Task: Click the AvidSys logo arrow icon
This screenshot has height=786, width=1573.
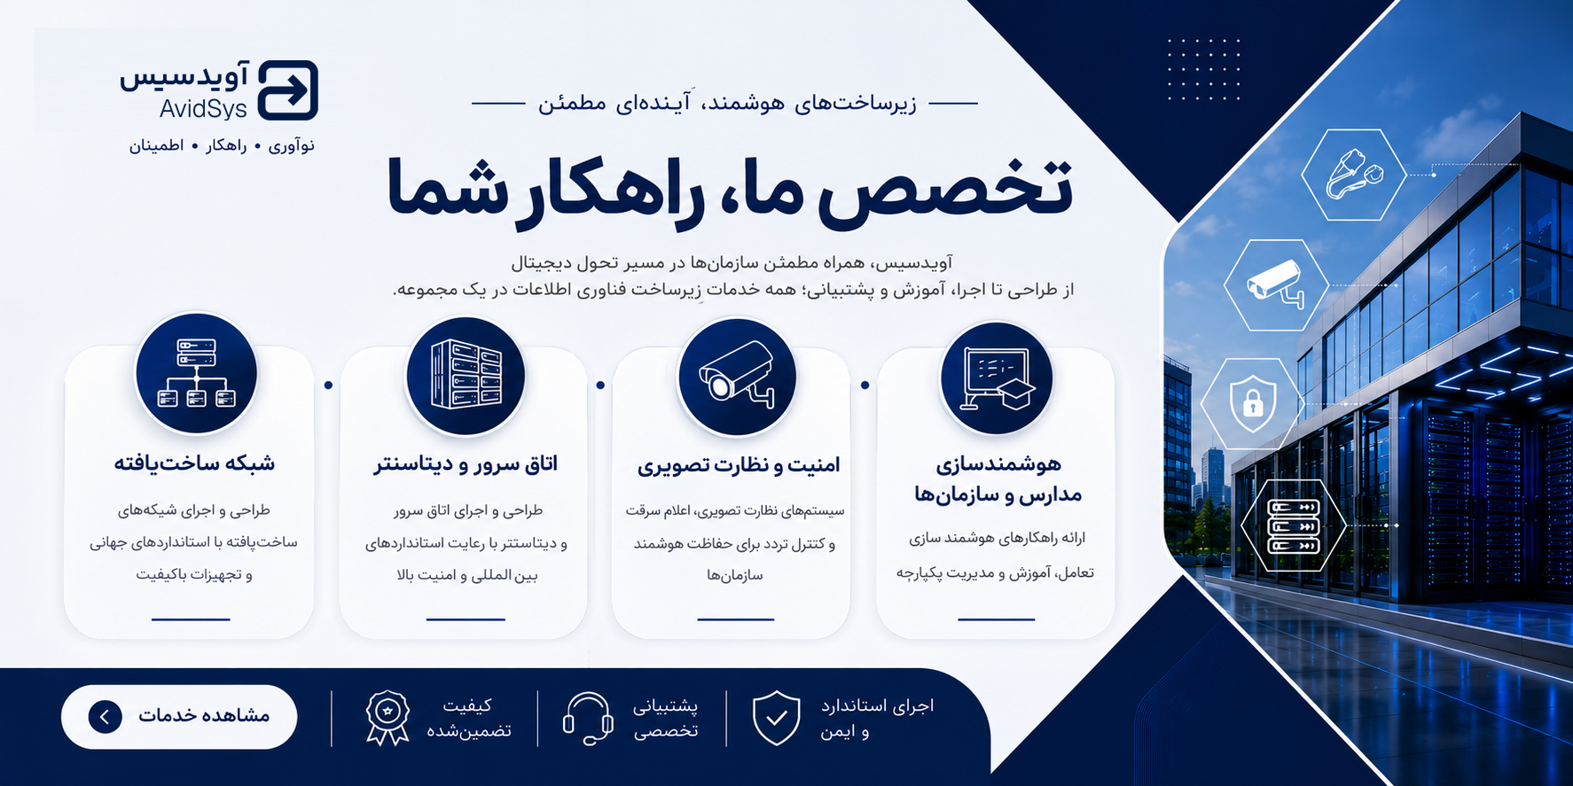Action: [x=287, y=90]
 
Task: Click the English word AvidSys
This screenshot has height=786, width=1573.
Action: [x=203, y=109]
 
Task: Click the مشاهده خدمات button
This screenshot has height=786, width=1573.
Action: [x=179, y=716]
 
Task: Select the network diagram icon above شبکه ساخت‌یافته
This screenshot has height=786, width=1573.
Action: [x=196, y=373]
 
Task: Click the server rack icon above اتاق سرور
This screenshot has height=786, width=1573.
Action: [x=466, y=376]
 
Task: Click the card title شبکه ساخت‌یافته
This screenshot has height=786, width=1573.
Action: [x=194, y=463]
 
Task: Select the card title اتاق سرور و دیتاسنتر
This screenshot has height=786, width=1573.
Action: [x=466, y=463]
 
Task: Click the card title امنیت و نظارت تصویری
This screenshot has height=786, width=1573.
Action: [x=738, y=465]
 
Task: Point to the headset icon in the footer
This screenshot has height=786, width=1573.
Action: [x=588, y=718]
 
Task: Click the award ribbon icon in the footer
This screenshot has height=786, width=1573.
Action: [x=387, y=717]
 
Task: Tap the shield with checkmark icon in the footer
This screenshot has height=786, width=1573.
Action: [x=777, y=718]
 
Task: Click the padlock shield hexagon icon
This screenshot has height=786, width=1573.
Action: [x=1253, y=404]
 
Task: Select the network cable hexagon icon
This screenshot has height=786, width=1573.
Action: [x=1354, y=175]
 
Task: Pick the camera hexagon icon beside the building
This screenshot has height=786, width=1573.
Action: [x=1276, y=285]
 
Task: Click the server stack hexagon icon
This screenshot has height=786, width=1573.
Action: [x=1295, y=525]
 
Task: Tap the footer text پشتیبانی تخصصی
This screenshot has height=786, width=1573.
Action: [x=665, y=718]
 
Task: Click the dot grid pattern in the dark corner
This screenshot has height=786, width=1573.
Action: [x=1203, y=69]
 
